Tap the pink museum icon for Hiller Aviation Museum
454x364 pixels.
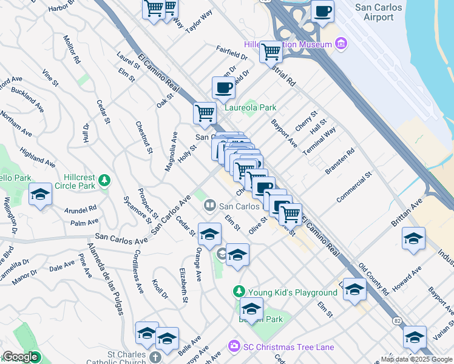click(x=341, y=44)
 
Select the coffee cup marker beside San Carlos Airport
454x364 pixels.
click(x=322, y=11)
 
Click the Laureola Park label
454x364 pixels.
click(x=251, y=108)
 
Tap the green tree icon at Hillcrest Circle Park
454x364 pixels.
click(x=104, y=180)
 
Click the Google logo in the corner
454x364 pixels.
click(x=20, y=357)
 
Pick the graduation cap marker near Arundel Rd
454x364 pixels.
click(x=40, y=194)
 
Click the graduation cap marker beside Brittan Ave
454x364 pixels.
click(x=413, y=238)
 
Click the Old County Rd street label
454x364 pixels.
click(x=373, y=280)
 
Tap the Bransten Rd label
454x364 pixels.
click(x=339, y=163)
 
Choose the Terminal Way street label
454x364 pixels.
click(x=319, y=141)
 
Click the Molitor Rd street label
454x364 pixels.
click(x=71, y=49)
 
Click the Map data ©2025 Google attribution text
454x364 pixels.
click(x=416, y=359)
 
